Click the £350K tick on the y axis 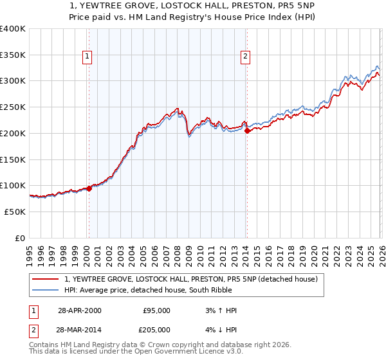[x=13, y=55]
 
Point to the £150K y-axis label [x=13, y=159]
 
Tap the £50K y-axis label [x=15, y=212]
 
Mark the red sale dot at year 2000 [x=89, y=188]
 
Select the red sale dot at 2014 [x=247, y=130]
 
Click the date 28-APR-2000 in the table [x=80, y=310]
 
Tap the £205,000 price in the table [x=156, y=329]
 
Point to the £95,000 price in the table [x=156, y=310]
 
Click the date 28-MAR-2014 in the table [x=80, y=329]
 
